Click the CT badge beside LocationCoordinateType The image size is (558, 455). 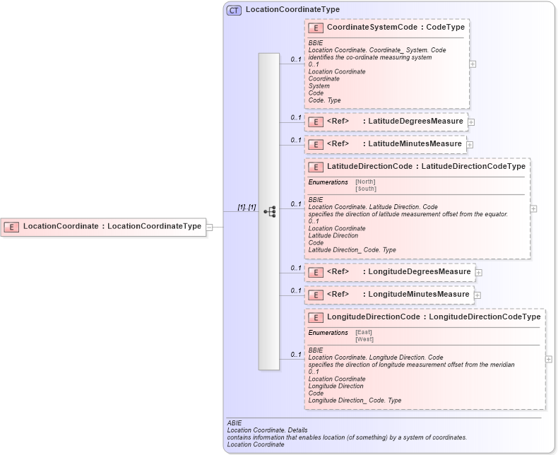coord(234,10)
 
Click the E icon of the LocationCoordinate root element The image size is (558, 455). coord(11,227)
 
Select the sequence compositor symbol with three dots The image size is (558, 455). coord(269,211)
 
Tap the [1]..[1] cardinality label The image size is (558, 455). coord(247,207)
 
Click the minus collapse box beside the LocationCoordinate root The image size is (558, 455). coord(210,227)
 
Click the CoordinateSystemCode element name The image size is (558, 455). coord(367,28)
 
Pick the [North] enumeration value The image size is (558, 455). coord(365,182)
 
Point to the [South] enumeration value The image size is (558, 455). coord(365,189)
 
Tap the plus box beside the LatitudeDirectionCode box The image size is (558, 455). coord(533,208)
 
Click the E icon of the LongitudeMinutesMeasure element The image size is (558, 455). coord(316,295)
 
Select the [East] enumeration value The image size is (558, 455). coord(363,332)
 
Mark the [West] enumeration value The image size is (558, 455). coord(364,339)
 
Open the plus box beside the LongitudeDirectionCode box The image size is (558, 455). coord(549,359)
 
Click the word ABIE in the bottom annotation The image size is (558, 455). coord(235,423)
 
